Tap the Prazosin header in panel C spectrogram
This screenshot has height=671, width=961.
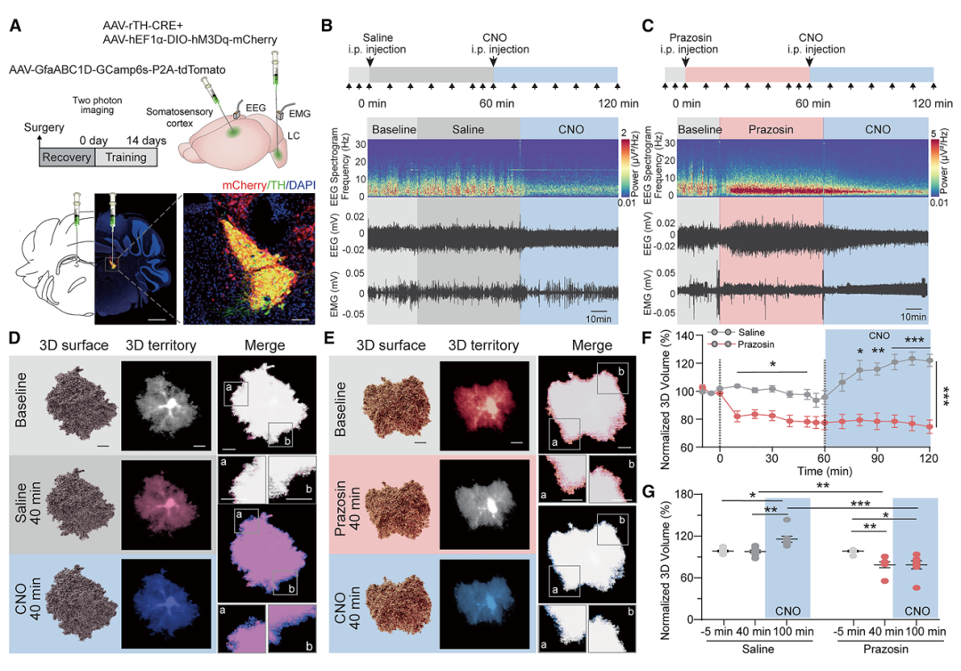coord(771,130)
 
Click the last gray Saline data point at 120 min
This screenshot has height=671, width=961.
coord(930,360)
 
